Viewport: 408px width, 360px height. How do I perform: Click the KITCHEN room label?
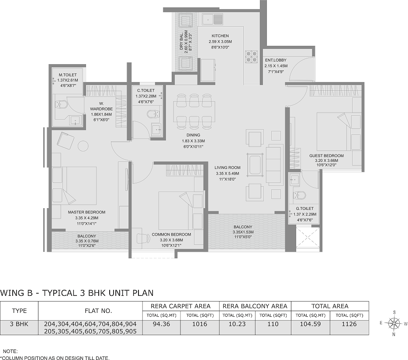[x=220, y=36]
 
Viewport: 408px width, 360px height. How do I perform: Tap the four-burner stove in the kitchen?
[x=251, y=57]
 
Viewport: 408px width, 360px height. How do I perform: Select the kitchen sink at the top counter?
[x=213, y=19]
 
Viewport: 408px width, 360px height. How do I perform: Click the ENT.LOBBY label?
[x=276, y=60]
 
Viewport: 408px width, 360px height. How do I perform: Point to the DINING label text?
[x=194, y=135]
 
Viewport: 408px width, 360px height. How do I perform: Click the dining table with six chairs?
[x=194, y=111]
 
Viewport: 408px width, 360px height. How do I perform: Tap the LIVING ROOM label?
[x=228, y=168]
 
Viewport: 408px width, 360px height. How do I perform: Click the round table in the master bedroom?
[x=83, y=146]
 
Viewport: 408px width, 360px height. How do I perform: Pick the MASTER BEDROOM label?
[x=86, y=212]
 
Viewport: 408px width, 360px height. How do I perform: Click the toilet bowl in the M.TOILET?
[x=61, y=105]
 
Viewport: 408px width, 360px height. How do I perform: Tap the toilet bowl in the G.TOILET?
[x=299, y=195]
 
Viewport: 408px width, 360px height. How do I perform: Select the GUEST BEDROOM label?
[x=327, y=156]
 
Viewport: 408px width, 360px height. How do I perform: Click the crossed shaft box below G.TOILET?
[x=308, y=239]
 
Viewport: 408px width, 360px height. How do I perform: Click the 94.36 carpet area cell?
[x=162, y=324]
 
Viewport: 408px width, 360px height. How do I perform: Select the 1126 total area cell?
[x=349, y=324]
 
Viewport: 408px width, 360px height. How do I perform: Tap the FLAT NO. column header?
[x=98, y=311]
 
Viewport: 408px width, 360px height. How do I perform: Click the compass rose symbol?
[x=394, y=323]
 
